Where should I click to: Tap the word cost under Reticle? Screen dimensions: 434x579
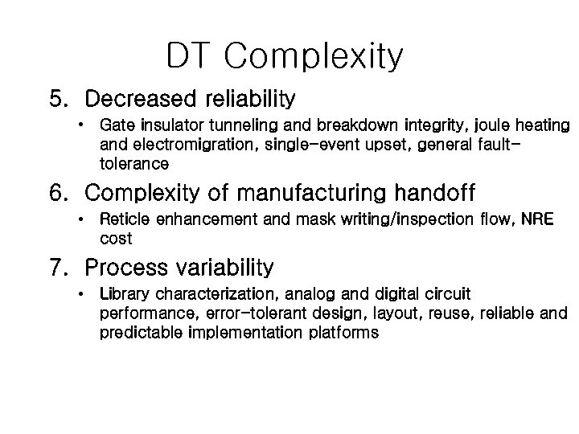[116, 239]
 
